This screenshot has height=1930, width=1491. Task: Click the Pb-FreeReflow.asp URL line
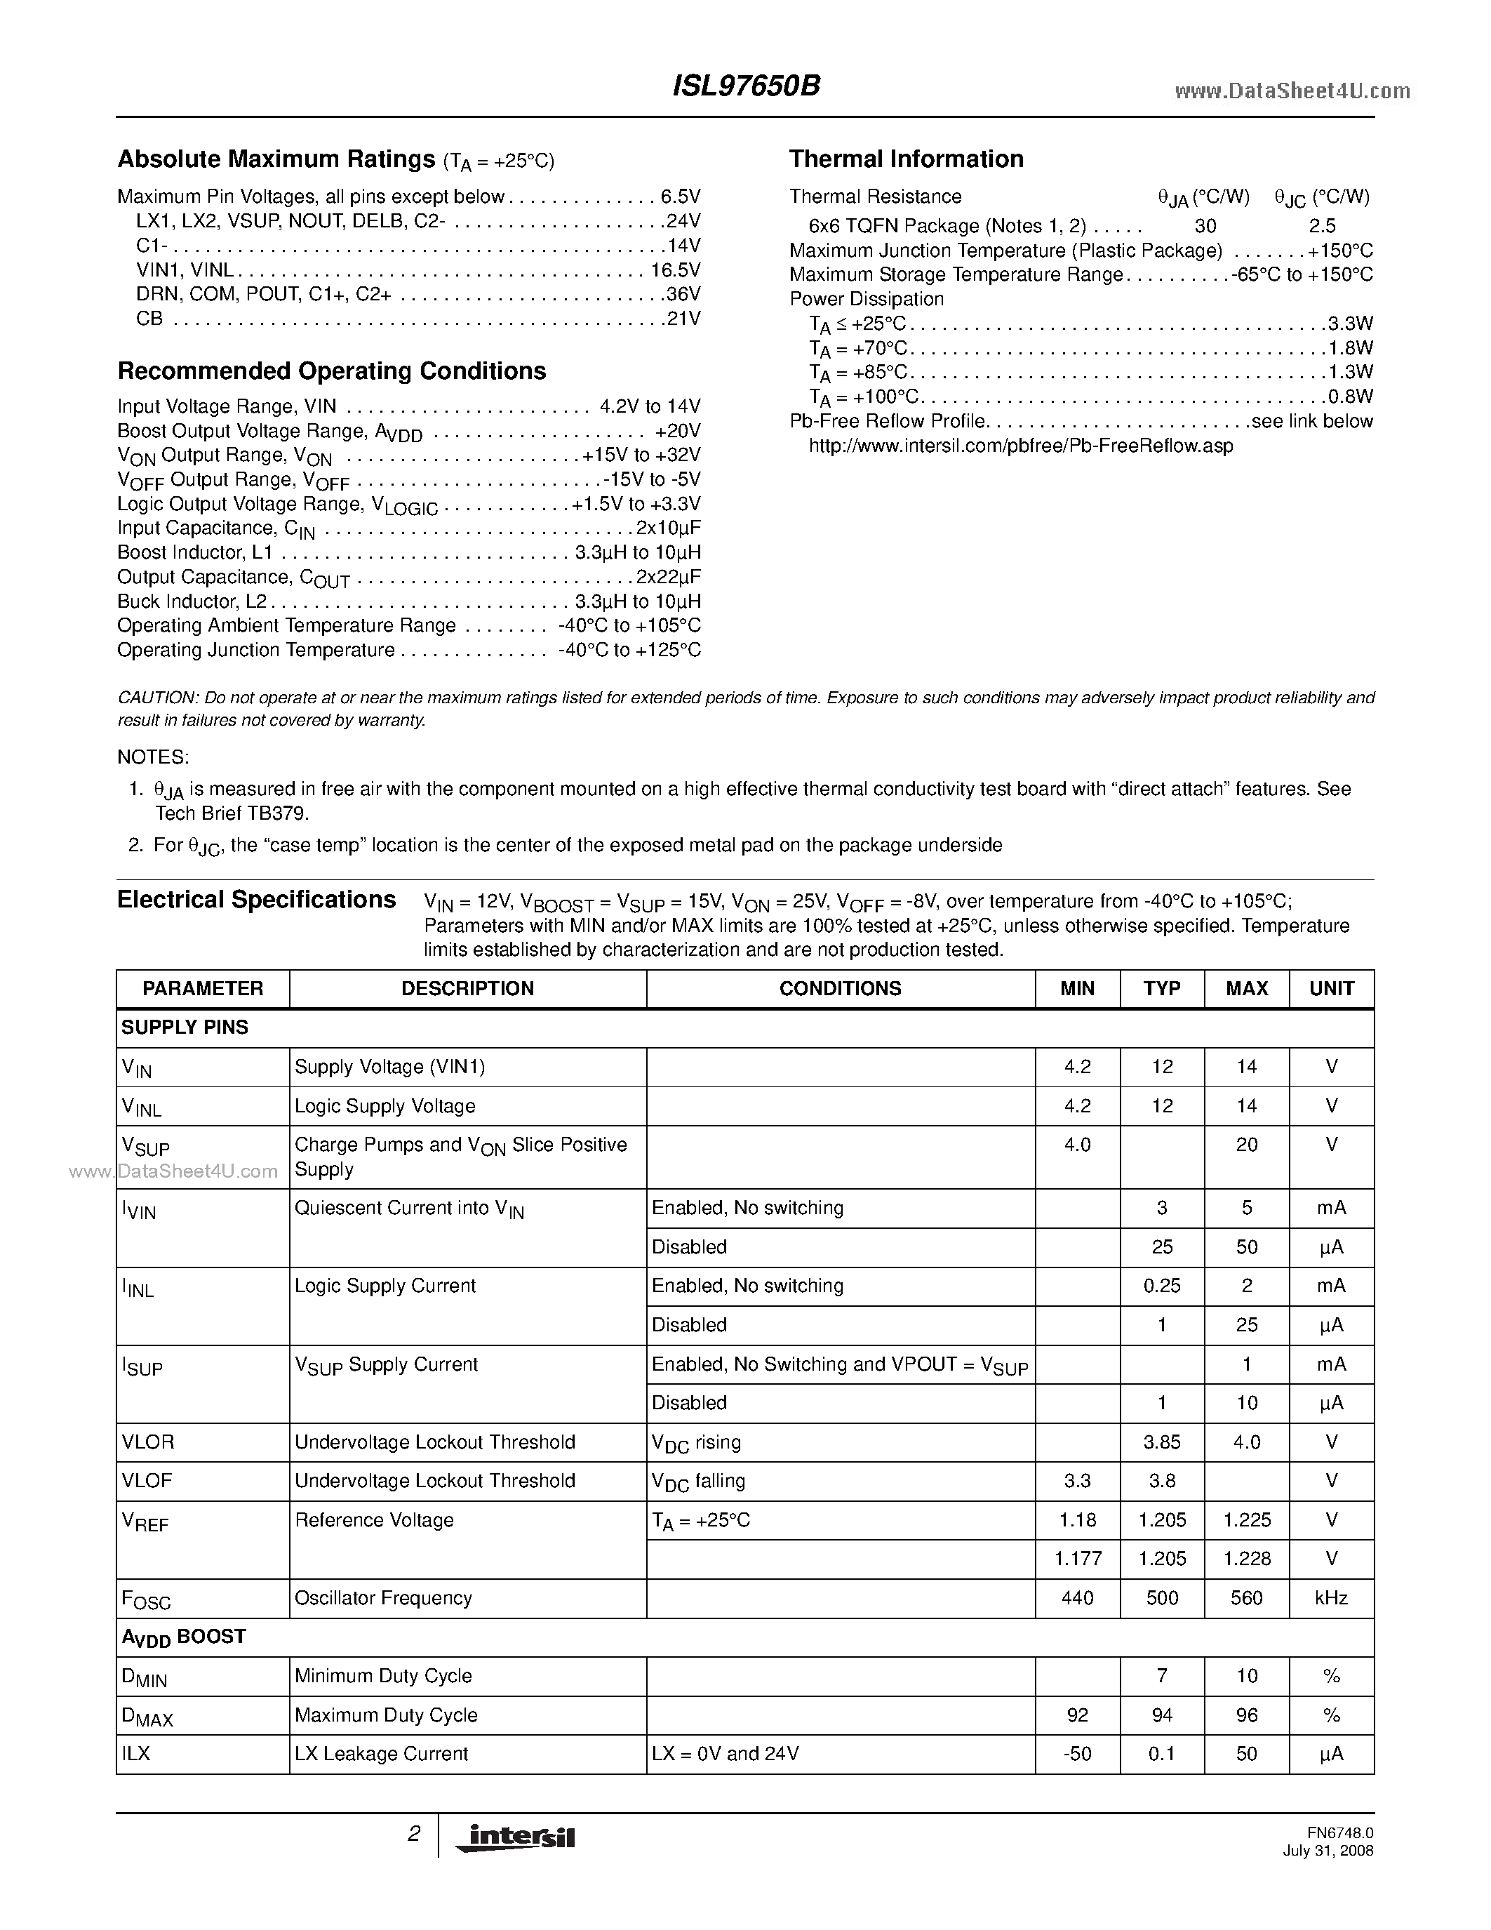pos(1020,446)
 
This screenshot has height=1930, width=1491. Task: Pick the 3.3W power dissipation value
pos(1351,324)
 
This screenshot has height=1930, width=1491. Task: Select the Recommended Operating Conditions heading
pos(331,371)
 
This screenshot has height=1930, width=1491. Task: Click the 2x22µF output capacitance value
pos(669,577)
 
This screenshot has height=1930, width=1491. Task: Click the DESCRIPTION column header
pos(467,988)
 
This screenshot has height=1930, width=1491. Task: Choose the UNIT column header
pos(1331,988)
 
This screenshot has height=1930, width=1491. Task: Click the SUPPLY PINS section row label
pos(185,1027)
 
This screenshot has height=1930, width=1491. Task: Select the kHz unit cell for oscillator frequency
pos(1331,1598)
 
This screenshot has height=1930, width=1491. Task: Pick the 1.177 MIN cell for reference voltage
pos(1077,1559)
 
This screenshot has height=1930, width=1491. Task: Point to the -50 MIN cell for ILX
pos(1077,1753)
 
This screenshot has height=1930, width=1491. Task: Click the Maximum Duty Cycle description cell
pos(386,1715)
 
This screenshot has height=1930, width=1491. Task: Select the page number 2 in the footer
pos(413,1835)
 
